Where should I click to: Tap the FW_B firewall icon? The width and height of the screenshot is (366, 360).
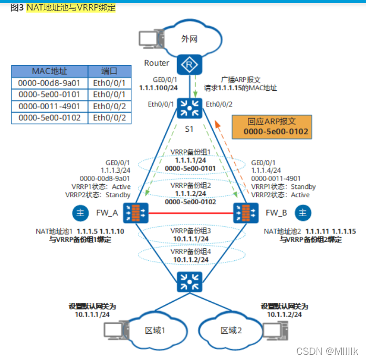[x=244, y=213]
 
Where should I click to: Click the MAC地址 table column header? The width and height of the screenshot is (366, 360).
[x=49, y=71]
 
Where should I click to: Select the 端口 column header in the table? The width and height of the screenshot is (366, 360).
[x=109, y=71]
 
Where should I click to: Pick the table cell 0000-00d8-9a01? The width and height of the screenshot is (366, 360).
[x=49, y=83]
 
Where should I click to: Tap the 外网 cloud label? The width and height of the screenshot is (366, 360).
[x=189, y=38]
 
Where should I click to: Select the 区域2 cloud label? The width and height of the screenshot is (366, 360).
[x=231, y=330]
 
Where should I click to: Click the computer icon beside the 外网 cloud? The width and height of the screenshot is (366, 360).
[x=149, y=40]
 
